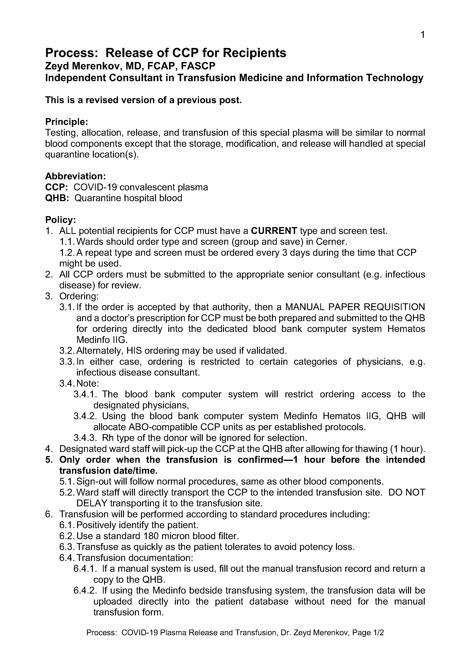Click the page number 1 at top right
click(x=422, y=35)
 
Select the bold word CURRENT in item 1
click(x=274, y=231)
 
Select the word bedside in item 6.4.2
click(x=200, y=590)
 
